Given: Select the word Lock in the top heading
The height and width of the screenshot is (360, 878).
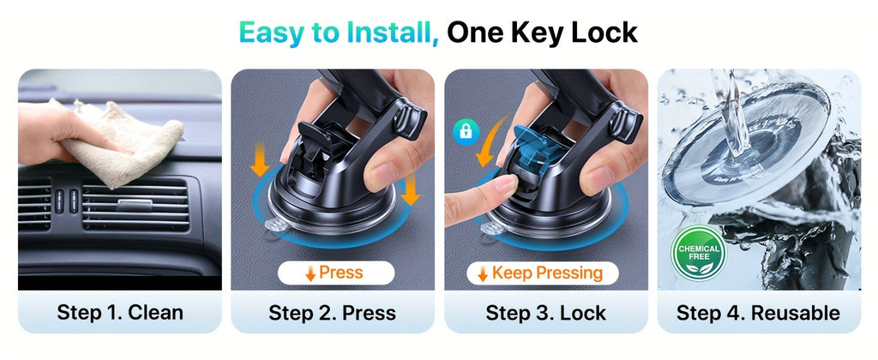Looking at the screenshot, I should [x=604, y=32].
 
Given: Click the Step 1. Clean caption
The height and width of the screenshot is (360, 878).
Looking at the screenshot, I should [x=120, y=312].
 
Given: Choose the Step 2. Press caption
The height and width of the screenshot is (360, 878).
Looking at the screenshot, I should [x=333, y=312].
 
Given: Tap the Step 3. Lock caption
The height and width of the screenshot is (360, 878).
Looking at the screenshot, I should [x=546, y=312].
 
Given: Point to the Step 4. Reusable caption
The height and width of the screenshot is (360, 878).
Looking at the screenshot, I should [x=758, y=312].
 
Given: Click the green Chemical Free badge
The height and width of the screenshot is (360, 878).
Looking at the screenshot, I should [x=698, y=254].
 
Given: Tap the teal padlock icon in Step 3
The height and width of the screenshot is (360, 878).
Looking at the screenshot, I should [x=466, y=133].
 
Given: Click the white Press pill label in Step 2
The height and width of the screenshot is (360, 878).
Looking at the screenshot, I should [x=335, y=273].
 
